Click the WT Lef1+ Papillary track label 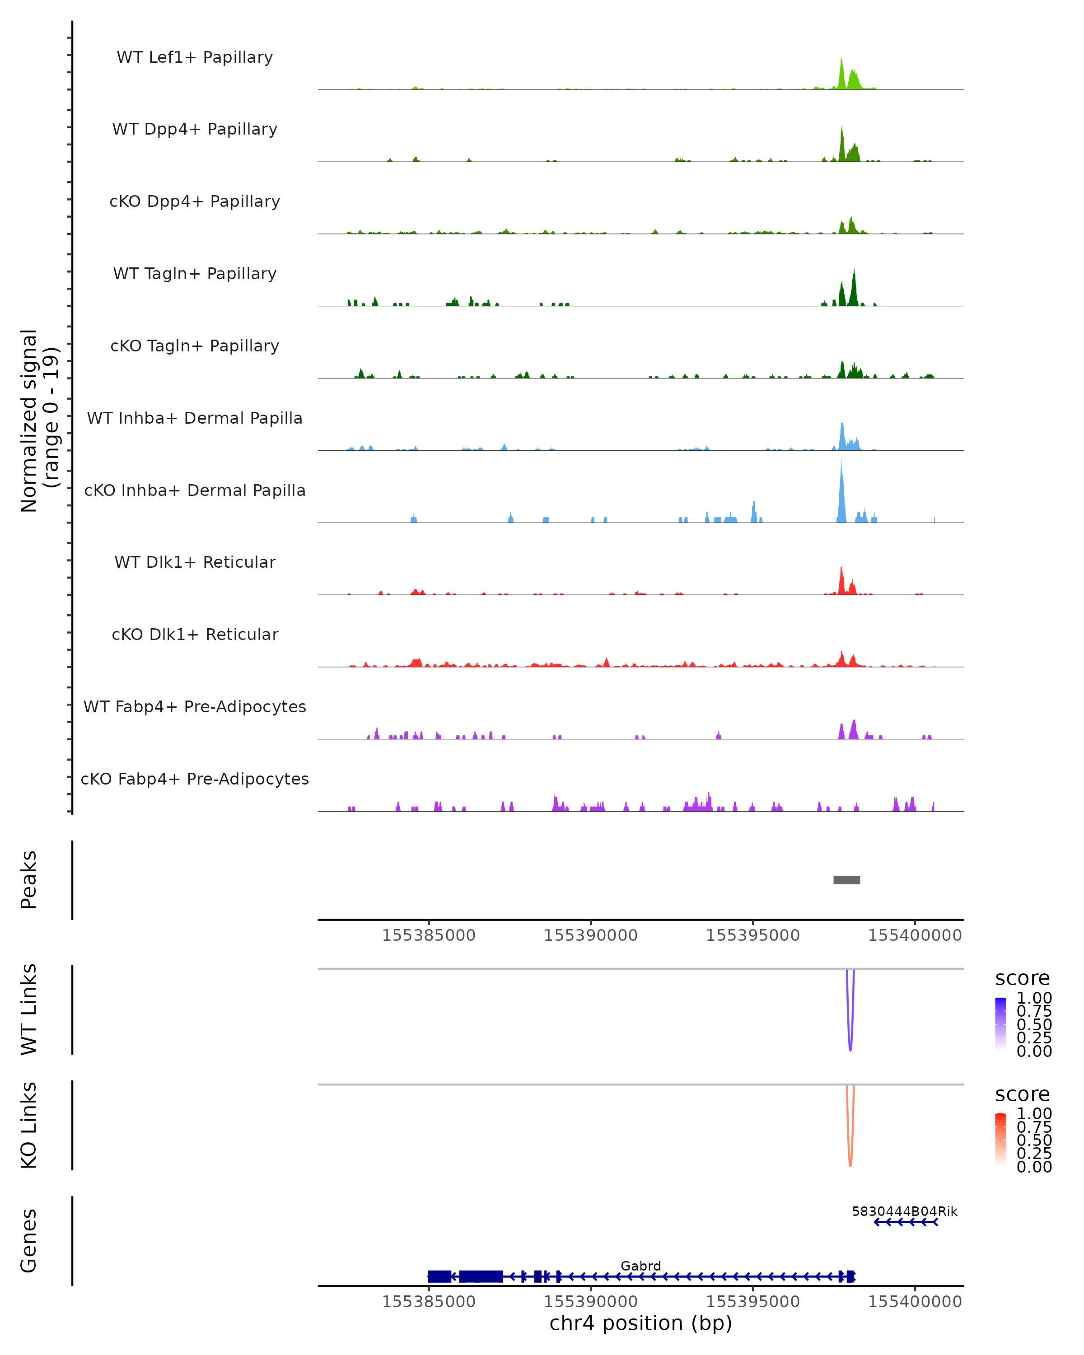coord(195,57)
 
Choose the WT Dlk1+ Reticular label coord(195,562)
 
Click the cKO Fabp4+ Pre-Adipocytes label coord(195,779)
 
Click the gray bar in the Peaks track coord(846,880)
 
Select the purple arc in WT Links coord(850,1047)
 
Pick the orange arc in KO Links coord(850,1162)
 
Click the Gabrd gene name coord(640,1266)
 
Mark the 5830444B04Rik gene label coord(904,1211)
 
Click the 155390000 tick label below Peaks coord(591,935)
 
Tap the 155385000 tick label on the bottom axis coord(429,1302)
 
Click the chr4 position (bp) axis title coord(640,1323)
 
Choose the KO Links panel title coord(29,1125)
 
